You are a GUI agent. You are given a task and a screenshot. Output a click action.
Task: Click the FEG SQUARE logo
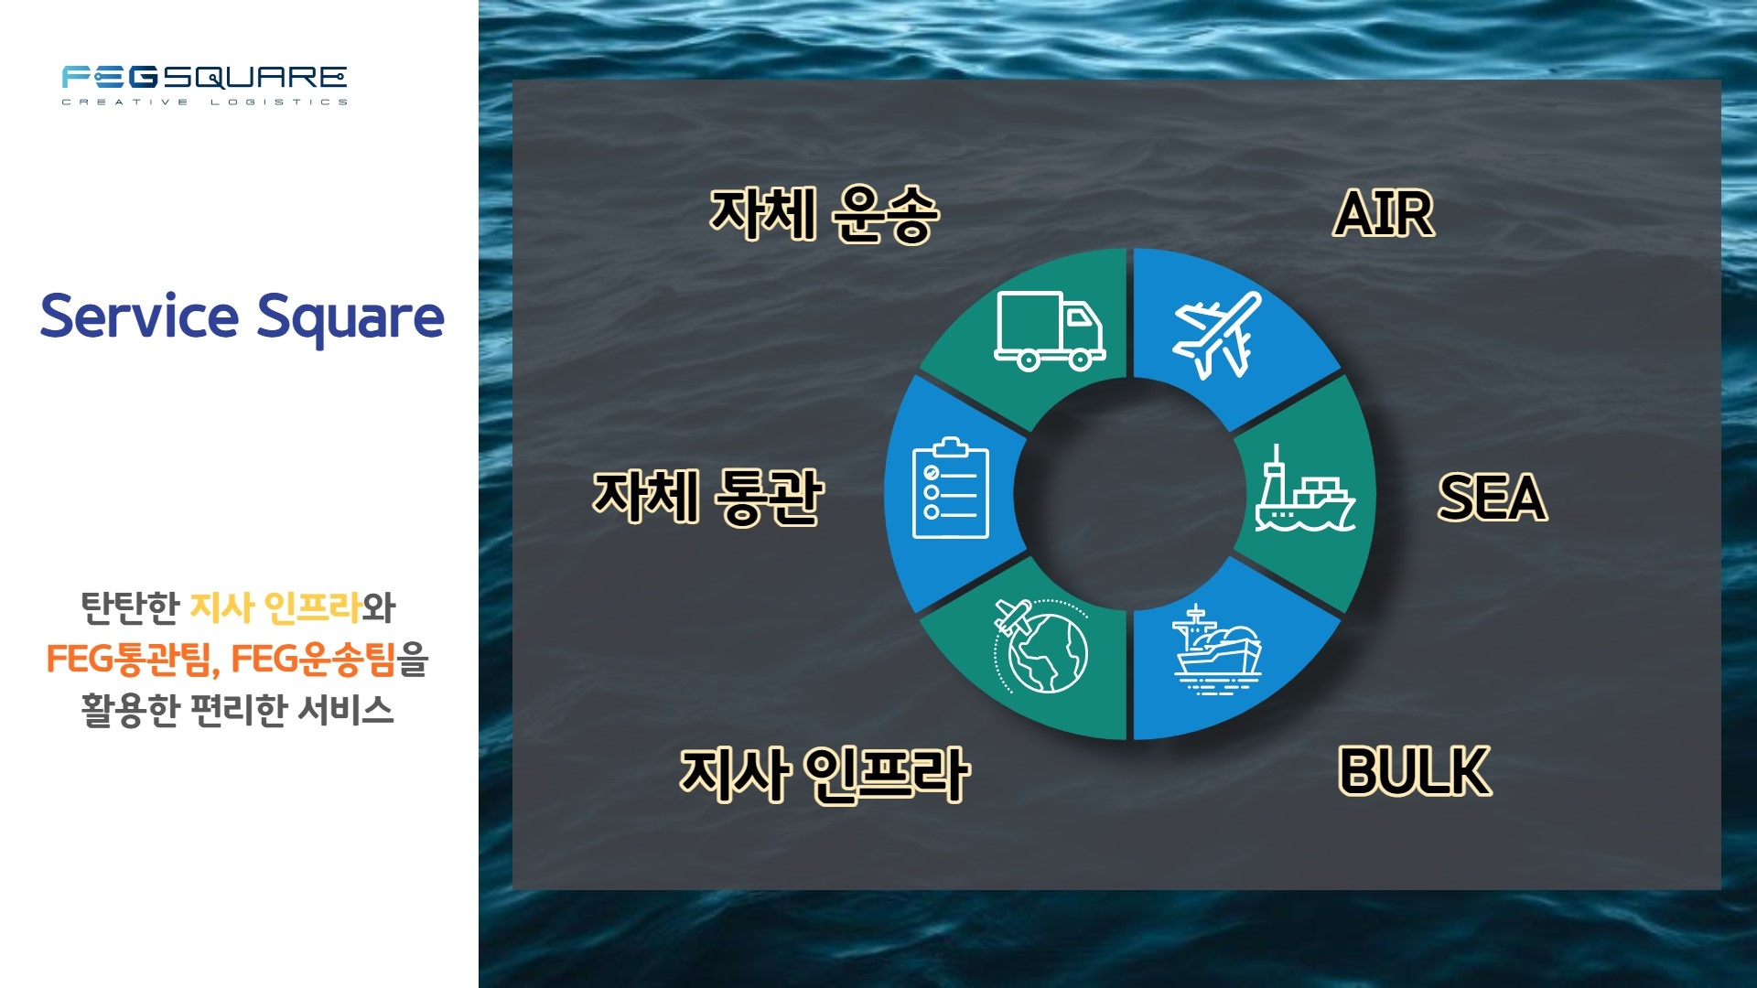click(204, 85)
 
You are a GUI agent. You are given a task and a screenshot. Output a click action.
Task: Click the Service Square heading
click(243, 317)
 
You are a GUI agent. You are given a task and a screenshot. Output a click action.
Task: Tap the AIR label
click(1384, 214)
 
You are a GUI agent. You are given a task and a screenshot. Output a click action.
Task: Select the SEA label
click(1493, 498)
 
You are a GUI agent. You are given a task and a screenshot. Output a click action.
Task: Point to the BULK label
click(1415, 771)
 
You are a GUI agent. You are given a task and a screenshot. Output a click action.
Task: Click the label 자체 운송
click(825, 214)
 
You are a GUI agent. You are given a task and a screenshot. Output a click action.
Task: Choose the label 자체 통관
click(708, 497)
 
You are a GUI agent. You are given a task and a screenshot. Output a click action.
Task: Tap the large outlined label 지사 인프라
click(825, 775)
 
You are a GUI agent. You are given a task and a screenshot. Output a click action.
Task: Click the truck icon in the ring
click(1050, 330)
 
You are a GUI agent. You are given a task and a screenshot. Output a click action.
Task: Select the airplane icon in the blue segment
click(1217, 335)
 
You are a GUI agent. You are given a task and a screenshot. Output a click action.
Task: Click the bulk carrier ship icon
click(1217, 650)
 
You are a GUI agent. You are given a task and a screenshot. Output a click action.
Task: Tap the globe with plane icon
click(1041, 646)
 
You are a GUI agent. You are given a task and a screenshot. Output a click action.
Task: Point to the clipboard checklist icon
click(951, 488)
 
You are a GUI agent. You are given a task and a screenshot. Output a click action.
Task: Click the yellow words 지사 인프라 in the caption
click(275, 607)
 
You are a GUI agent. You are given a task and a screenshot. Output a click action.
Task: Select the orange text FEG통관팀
click(128, 659)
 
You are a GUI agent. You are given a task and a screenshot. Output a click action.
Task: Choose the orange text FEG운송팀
click(313, 659)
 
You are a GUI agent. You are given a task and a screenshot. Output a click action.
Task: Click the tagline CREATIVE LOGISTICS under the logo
click(204, 102)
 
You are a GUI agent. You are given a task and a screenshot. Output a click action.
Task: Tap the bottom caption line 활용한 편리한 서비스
click(238, 710)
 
